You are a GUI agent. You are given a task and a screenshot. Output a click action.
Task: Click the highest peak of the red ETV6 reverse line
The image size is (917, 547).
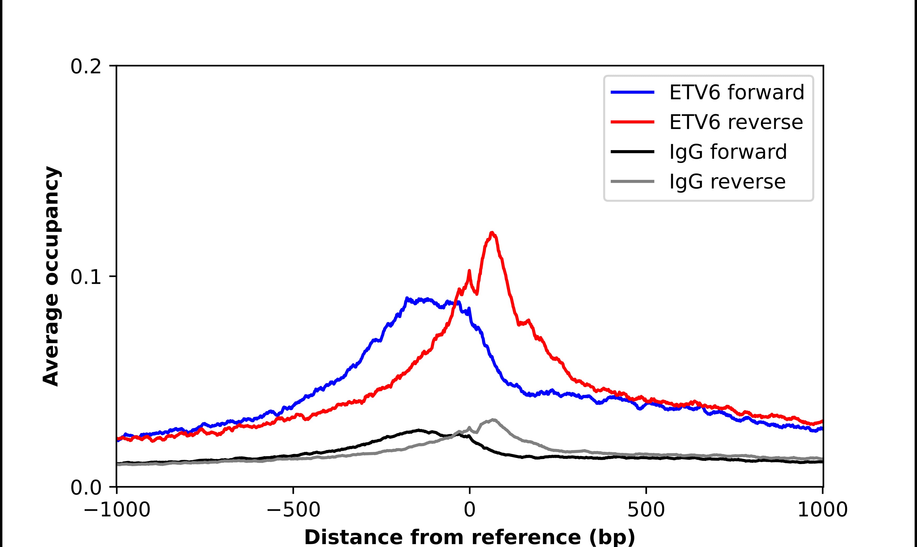pos(492,233)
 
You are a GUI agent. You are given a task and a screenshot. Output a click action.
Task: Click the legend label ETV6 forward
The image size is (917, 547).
pos(736,92)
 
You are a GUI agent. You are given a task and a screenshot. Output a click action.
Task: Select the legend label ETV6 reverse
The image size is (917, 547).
pos(736,122)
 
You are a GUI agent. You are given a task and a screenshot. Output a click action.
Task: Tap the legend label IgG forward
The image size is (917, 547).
pos(728,152)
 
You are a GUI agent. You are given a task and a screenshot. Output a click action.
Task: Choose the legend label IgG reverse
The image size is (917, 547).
pos(727,182)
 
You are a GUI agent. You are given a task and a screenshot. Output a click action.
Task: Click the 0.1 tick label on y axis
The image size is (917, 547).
pos(86,277)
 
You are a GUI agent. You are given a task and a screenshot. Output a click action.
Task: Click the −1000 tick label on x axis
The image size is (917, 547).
pos(117,511)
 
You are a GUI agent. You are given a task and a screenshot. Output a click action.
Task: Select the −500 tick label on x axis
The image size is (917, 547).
pos(294,511)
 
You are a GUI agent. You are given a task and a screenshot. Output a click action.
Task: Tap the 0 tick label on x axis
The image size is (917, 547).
pos(470,511)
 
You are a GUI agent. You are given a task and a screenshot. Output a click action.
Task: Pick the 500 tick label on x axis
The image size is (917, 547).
pos(646,511)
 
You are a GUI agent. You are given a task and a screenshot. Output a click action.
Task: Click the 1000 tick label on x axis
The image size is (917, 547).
pos(823,511)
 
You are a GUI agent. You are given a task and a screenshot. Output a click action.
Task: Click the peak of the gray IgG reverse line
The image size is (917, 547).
pos(493,420)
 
